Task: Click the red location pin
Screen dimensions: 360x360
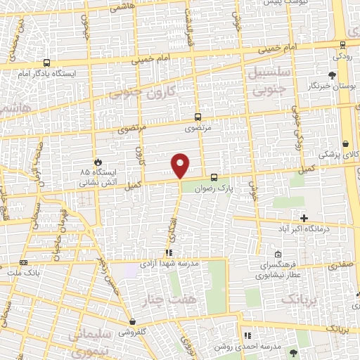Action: [x=181, y=165]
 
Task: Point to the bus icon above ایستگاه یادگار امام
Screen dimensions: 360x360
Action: [x=46, y=63]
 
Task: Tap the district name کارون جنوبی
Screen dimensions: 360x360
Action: [x=161, y=94]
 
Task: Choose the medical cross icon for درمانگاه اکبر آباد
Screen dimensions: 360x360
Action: [x=304, y=219]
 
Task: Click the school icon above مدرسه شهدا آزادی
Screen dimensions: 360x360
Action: [x=169, y=252]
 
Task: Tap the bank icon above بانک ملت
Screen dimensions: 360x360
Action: [x=23, y=262]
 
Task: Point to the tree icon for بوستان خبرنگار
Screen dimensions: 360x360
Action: [x=331, y=75]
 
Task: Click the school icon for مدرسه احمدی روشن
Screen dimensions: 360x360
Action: [x=247, y=335]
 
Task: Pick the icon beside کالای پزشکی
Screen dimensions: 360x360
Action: [x=346, y=143]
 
